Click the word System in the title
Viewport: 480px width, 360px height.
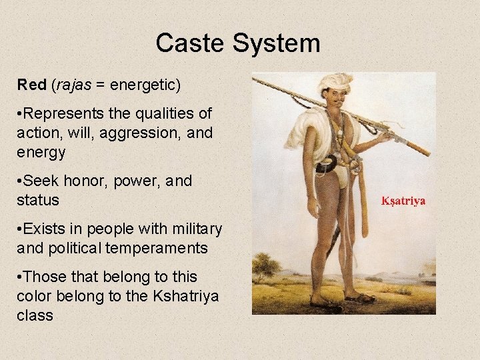tap(276, 44)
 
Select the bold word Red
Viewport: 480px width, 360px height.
tap(31, 85)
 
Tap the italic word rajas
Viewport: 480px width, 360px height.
tap(73, 85)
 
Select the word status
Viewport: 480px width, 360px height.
tap(38, 200)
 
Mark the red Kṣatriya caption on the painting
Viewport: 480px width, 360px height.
tap(403, 200)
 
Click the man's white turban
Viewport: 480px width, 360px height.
tap(334, 83)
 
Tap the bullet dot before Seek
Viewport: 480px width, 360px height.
tap(20, 181)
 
